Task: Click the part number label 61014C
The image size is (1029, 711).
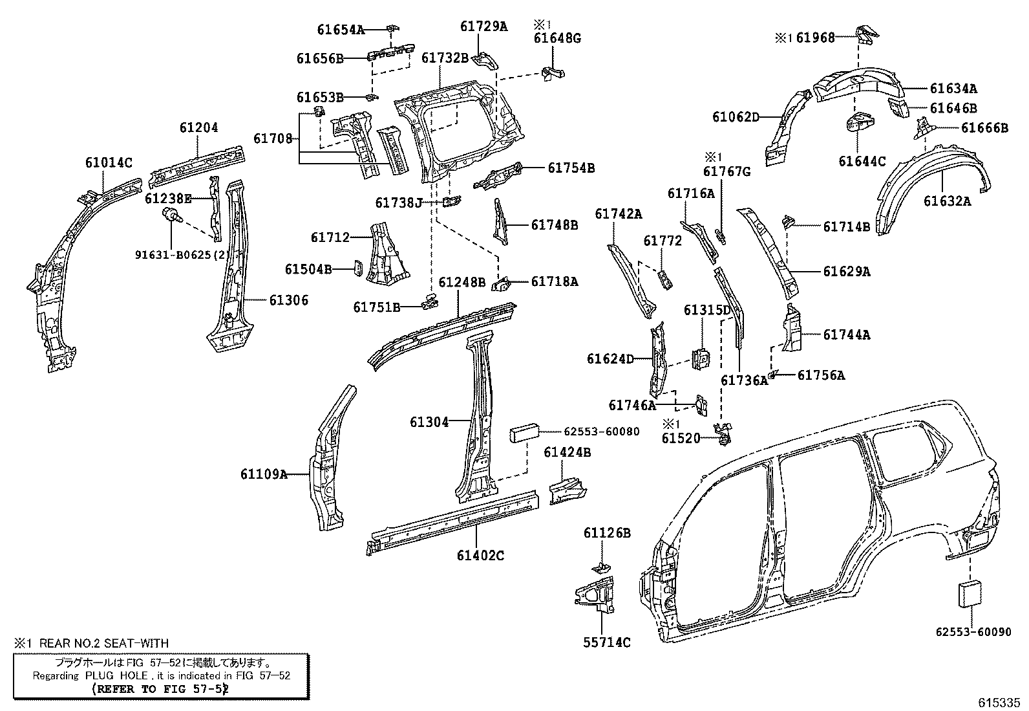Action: point(109,162)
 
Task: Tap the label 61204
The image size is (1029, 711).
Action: point(198,127)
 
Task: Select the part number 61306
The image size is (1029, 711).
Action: point(289,300)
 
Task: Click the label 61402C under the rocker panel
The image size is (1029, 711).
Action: point(480,555)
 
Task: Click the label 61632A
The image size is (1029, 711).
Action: point(947,201)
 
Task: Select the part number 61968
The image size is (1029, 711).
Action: point(815,38)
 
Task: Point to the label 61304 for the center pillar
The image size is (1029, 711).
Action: point(429,422)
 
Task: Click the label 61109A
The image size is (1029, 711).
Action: point(264,474)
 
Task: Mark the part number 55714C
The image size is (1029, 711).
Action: point(606,642)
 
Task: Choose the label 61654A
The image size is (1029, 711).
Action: point(341,29)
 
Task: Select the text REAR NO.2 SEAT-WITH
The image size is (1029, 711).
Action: point(103,643)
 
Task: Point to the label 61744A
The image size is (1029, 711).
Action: point(847,334)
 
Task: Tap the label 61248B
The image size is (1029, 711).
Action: point(461,283)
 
